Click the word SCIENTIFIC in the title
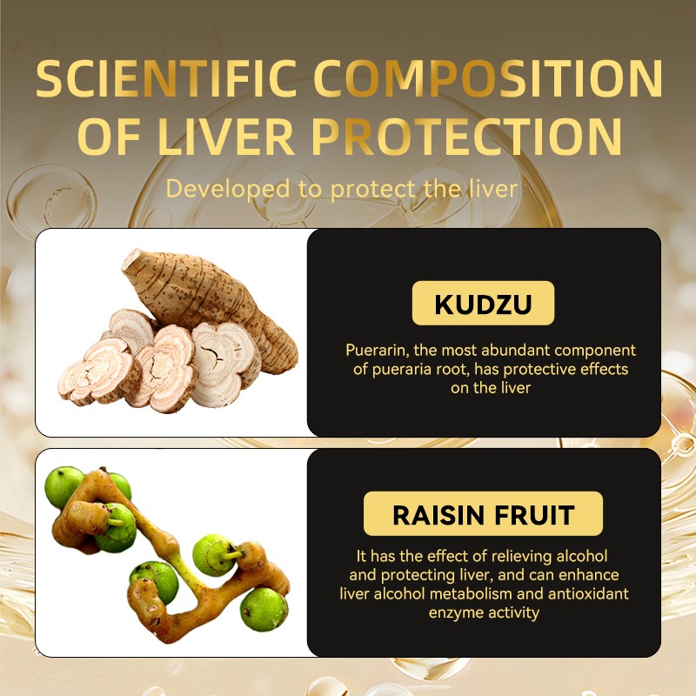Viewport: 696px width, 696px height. click(165, 80)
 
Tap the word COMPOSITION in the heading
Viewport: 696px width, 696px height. click(487, 80)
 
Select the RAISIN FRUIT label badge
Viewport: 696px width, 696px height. click(483, 514)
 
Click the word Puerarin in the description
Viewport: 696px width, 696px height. click(376, 351)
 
